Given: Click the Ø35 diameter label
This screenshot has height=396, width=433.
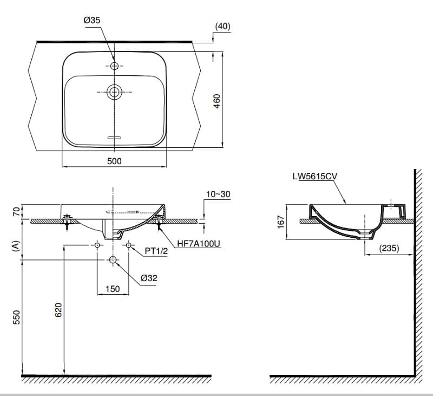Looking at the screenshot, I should click(92, 20).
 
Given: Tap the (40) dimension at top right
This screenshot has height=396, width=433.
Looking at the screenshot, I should click(222, 26).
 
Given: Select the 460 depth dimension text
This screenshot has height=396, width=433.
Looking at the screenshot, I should click(216, 101).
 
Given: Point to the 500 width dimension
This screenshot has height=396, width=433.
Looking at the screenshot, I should click(114, 161).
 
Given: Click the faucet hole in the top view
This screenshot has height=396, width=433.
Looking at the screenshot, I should click(114, 66).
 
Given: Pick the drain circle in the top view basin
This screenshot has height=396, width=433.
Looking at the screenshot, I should click(114, 92).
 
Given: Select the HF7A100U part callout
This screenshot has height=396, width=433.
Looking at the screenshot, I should click(199, 244).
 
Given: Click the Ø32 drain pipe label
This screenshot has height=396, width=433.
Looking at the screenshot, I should click(149, 278).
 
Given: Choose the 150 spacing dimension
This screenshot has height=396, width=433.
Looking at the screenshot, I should click(113, 289).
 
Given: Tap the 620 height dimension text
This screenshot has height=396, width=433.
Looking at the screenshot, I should click(58, 310).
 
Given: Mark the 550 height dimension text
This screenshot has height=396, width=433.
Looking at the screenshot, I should click(16, 317).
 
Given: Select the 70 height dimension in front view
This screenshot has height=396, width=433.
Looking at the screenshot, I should click(16, 211).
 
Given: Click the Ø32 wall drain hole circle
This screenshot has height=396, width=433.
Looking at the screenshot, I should click(113, 261).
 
